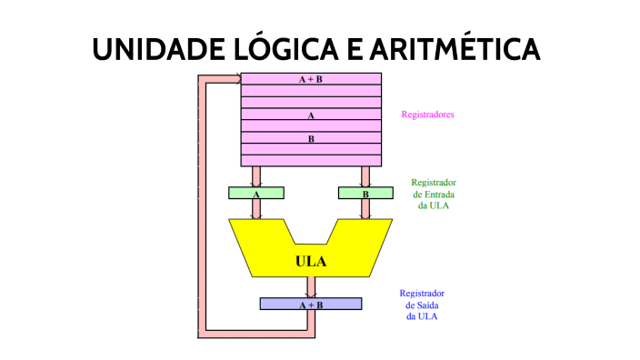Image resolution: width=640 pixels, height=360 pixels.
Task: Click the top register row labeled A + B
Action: tap(310, 79)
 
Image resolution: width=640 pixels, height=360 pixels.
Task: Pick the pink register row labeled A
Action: tap(310, 115)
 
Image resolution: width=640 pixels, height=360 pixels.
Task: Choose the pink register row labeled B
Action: tap(310, 138)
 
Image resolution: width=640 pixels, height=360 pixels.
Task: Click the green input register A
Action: tap(256, 193)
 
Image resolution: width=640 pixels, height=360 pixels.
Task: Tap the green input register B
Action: tap(365, 193)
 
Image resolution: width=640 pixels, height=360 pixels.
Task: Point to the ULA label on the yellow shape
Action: tap(311, 262)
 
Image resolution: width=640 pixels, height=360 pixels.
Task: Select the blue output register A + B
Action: tap(310, 304)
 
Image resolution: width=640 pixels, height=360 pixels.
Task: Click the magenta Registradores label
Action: tap(427, 115)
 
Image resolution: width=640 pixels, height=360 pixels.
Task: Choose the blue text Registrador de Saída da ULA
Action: tap(422, 305)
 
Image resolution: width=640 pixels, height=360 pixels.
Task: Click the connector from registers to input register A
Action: tap(256, 175)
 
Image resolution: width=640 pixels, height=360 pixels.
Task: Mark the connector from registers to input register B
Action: tap(365, 175)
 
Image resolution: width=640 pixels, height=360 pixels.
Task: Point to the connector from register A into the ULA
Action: tap(256, 209)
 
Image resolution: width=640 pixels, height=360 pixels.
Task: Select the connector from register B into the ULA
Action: tap(365, 209)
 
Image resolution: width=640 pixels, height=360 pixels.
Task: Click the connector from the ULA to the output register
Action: tap(311, 287)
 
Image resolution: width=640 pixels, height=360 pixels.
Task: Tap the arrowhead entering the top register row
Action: tap(237, 79)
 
